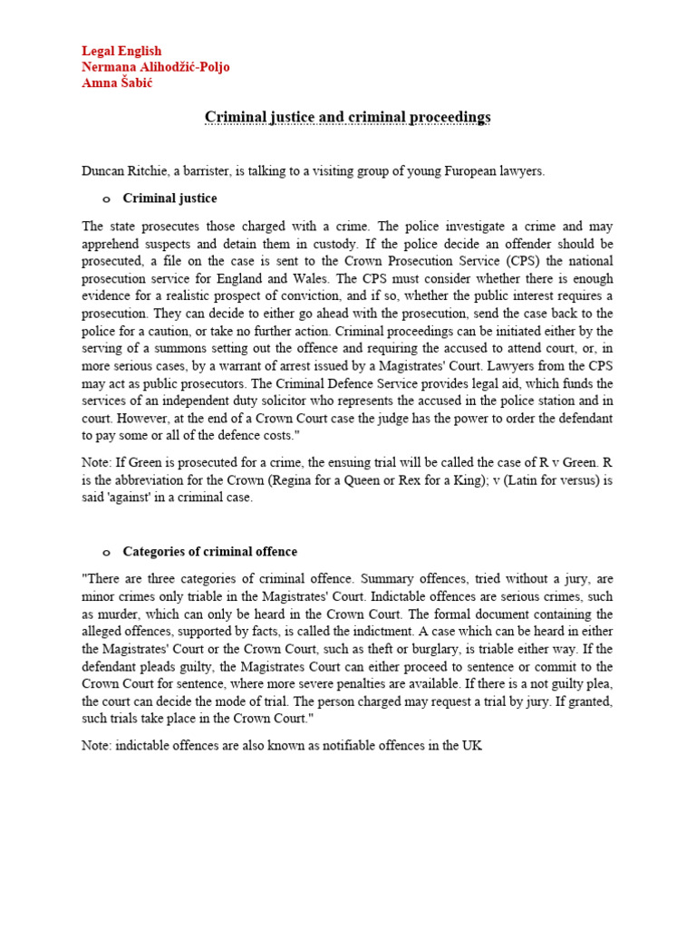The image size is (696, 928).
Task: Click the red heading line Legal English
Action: point(121,51)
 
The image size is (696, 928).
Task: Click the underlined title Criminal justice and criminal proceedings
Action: point(347,117)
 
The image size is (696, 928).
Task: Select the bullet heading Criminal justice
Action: point(169,198)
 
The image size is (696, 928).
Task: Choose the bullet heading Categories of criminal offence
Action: point(209,551)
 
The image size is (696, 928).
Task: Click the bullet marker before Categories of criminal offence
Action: point(105,552)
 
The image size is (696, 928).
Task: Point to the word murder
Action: point(105,613)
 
